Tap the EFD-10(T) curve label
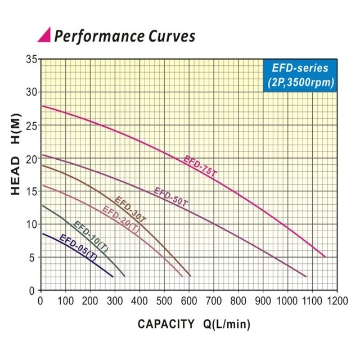[88, 235]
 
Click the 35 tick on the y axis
[30, 60]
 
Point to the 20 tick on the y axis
[30, 158]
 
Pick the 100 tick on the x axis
[64, 299]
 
